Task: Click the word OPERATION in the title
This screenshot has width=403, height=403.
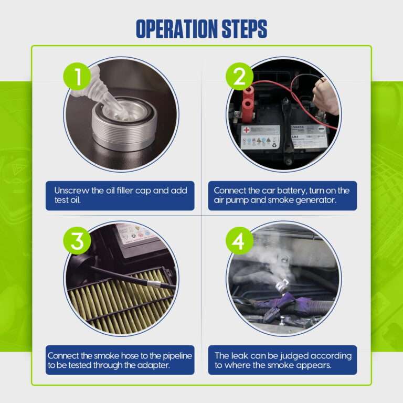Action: (x=177, y=28)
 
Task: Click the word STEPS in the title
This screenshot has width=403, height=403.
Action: (x=245, y=28)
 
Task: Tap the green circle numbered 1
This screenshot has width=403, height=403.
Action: (x=77, y=76)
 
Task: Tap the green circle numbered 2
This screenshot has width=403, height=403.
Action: (x=239, y=76)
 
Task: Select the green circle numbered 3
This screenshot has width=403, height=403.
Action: (x=77, y=241)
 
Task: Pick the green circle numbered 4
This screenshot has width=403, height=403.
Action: (x=239, y=241)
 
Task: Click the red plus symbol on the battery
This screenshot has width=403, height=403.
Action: (x=246, y=130)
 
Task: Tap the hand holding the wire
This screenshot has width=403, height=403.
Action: (x=326, y=97)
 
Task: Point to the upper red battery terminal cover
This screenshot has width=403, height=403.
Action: (x=249, y=92)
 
